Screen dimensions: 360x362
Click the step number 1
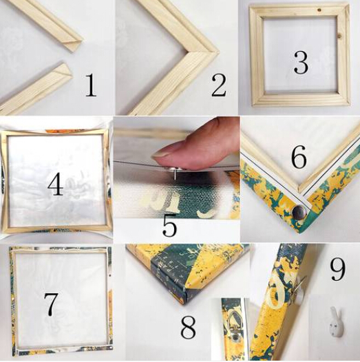pyautogui.click(x=91, y=85)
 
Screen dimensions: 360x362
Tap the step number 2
pyautogui.click(x=219, y=85)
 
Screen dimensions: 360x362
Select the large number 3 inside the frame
pyautogui.click(x=301, y=63)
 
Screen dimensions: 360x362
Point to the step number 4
pyautogui.click(x=56, y=183)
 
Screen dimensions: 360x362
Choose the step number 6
pyautogui.click(x=299, y=156)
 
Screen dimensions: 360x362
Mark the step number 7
pyautogui.click(x=50, y=304)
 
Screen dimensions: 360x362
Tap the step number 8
pyautogui.click(x=188, y=327)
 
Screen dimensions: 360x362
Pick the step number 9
pyautogui.click(x=338, y=269)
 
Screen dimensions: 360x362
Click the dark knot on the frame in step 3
pyautogui.click(x=319, y=10)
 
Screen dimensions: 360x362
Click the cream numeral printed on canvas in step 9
pyautogui.click(x=277, y=293)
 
